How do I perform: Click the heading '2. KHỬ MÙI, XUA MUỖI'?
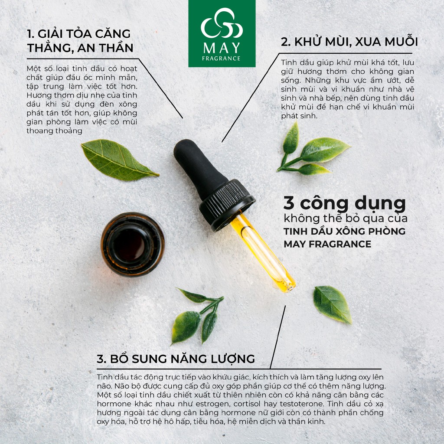pyautogui.click(x=349, y=42)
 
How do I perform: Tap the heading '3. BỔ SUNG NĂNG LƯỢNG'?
pyautogui.click(x=176, y=359)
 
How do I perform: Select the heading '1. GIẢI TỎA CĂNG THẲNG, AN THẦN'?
pyautogui.click(x=79, y=40)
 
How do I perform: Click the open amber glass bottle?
pyautogui.click(x=133, y=244)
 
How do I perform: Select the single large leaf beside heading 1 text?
pyautogui.click(x=118, y=160)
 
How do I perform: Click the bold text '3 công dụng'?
pyautogui.click(x=344, y=203)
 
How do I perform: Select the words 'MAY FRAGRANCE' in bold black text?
pyautogui.click(x=327, y=245)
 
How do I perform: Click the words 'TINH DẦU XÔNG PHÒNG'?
pyautogui.click(x=344, y=231)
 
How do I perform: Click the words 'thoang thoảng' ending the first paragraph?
pyautogui.click(x=54, y=131)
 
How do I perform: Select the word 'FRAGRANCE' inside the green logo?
pyautogui.click(x=222, y=59)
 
